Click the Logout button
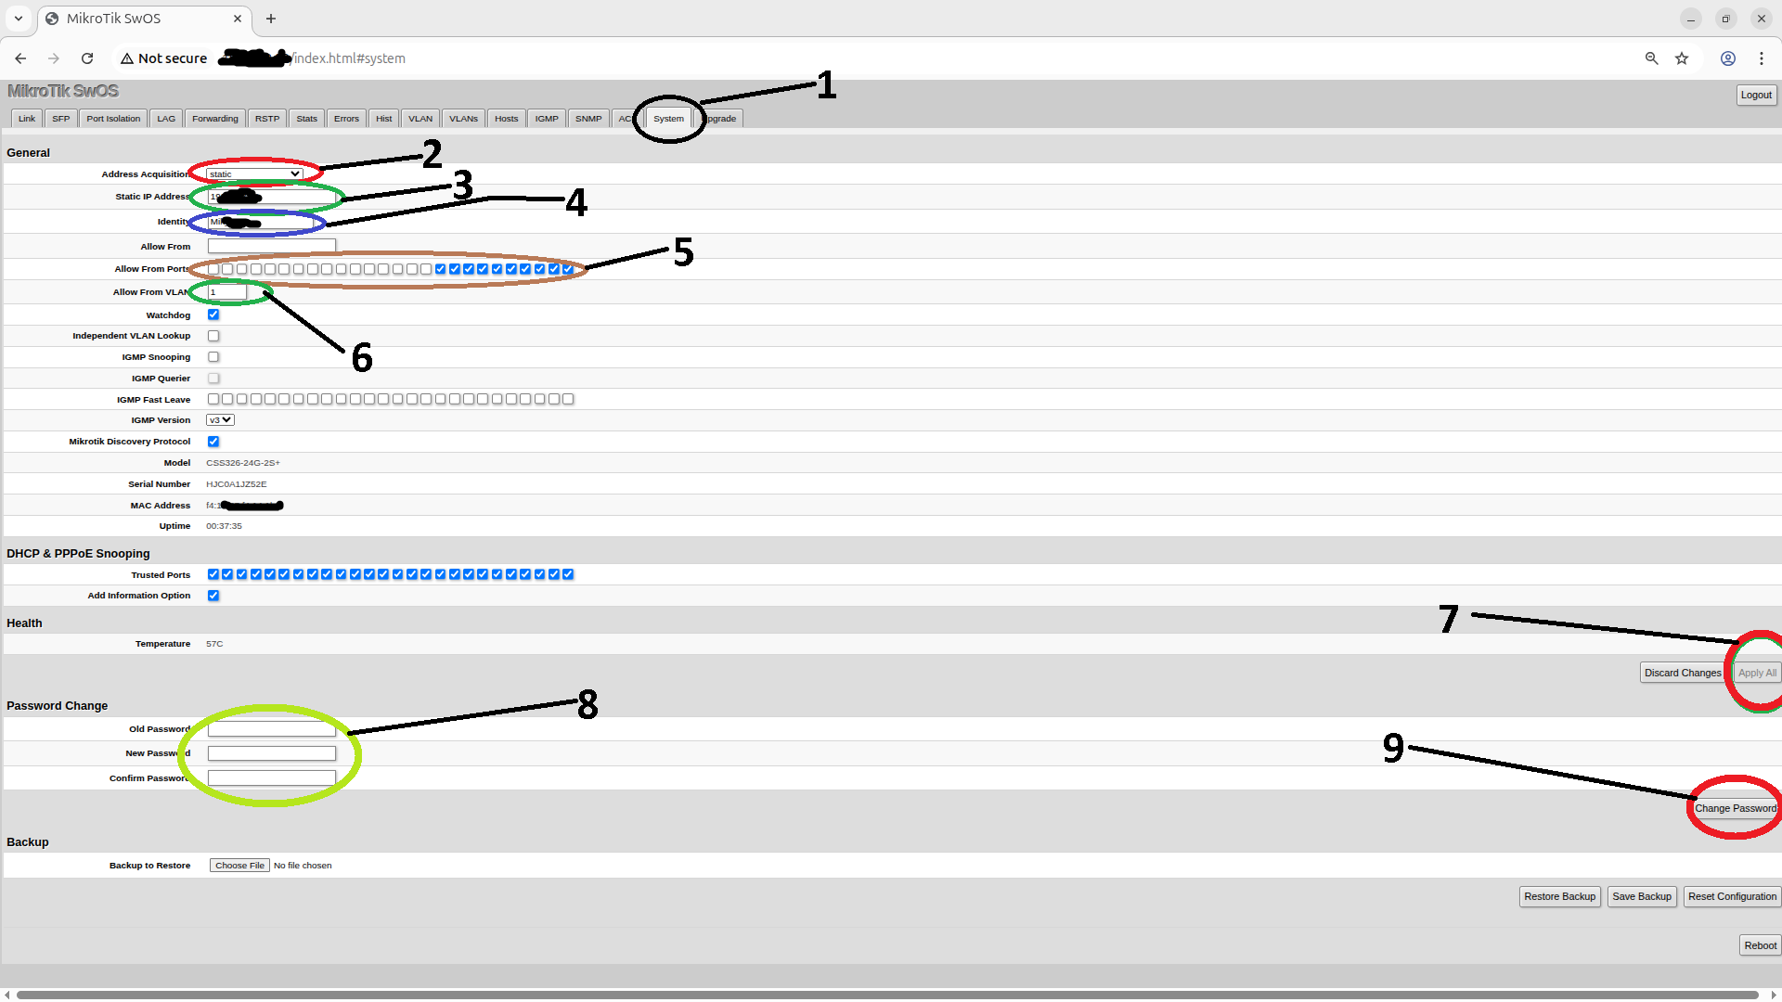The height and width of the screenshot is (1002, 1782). (x=1755, y=95)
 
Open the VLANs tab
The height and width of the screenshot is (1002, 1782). (x=463, y=119)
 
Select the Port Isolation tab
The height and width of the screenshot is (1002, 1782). (x=113, y=119)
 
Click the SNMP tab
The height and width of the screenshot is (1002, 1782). (x=588, y=119)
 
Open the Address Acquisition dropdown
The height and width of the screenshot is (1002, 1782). (x=254, y=174)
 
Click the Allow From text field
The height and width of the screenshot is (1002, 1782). (x=271, y=246)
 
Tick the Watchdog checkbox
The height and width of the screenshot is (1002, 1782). (x=213, y=315)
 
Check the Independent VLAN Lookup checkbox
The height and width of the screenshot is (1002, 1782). (x=213, y=336)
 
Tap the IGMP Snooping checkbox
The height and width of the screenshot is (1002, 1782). (x=213, y=357)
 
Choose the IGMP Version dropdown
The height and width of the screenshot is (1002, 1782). (x=220, y=420)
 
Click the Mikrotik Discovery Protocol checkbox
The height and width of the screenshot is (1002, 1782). (x=213, y=442)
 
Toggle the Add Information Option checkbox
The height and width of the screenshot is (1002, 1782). (x=213, y=596)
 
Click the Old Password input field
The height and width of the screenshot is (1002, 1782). (x=271, y=729)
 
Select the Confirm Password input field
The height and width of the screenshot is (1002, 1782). (x=271, y=777)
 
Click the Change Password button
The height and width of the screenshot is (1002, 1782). (x=1735, y=808)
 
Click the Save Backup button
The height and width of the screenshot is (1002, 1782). (x=1641, y=896)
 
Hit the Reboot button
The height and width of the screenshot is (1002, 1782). (x=1760, y=945)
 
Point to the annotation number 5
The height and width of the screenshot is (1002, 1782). (x=684, y=252)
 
